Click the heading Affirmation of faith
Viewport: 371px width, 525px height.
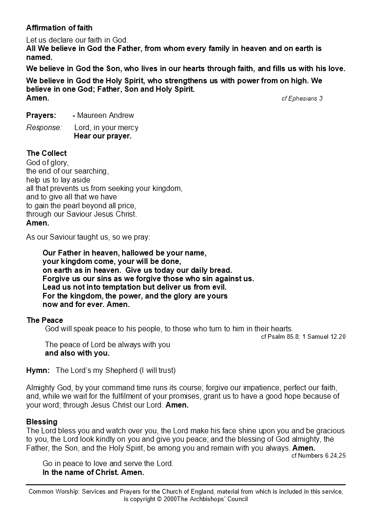pos(59,28)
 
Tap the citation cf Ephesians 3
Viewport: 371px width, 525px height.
pos(302,98)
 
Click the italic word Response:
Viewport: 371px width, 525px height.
pos(44,127)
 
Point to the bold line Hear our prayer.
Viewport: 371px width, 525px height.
pos(102,136)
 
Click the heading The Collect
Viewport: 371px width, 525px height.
pos(46,153)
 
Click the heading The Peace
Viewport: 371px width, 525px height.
pos(44,320)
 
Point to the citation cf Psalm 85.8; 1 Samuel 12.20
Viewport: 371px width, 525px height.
pos(303,336)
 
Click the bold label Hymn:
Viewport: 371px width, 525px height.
pos(38,371)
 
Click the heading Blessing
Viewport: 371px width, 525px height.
pos(42,422)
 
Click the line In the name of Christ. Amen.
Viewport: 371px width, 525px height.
pos(93,472)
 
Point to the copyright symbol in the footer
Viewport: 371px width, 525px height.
pos(160,499)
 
